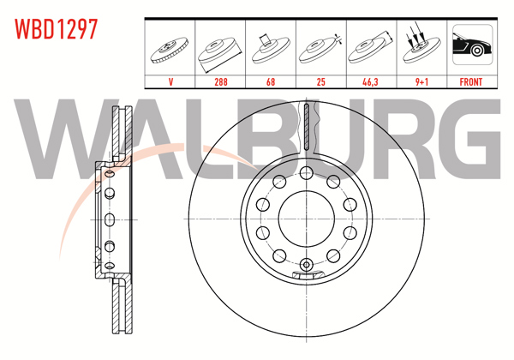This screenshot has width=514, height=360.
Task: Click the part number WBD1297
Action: coord(54,28)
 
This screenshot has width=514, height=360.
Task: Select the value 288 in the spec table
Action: coord(221,82)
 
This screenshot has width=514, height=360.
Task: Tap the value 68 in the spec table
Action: coord(271,82)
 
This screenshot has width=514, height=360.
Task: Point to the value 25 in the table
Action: coord(320,82)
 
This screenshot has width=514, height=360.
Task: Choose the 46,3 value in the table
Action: coord(370,82)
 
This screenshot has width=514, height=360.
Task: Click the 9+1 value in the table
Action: coord(420,82)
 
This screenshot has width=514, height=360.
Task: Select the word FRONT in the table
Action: coord(470,82)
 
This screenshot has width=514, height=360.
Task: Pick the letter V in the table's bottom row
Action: coord(171,82)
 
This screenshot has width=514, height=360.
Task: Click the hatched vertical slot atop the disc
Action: coord(306,128)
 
